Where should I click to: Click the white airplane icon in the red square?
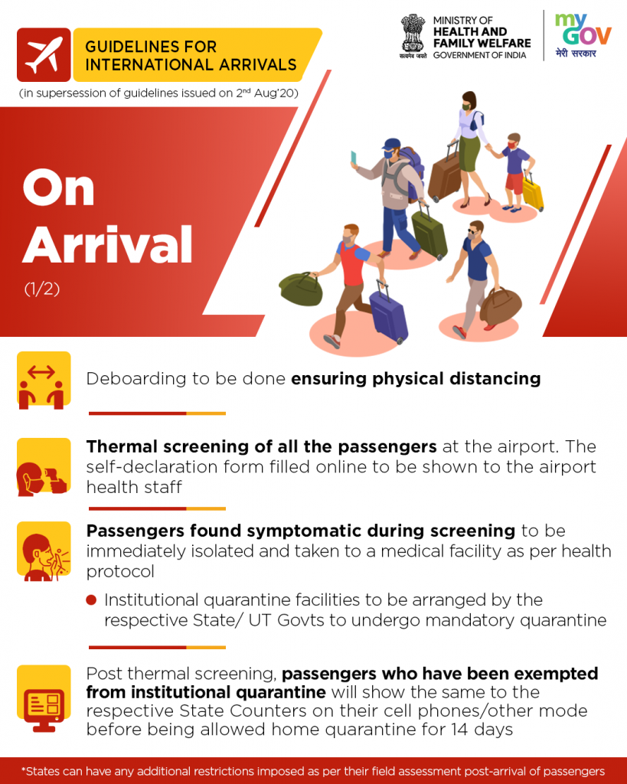tap(44, 55)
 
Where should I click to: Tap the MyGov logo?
tap(583, 36)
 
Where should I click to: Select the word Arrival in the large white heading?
tap(107, 244)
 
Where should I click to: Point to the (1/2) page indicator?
tap(42, 289)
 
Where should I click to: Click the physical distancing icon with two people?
tap(44, 381)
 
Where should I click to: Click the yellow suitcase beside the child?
tap(533, 192)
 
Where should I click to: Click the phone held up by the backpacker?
tap(354, 158)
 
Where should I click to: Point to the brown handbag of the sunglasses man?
tap(501, 305)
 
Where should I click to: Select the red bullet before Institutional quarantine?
tap(91, 599)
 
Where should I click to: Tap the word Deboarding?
tap(136, 378)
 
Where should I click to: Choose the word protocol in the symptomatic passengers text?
tap(120, 571)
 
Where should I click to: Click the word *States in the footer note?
tap(41, 771)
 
